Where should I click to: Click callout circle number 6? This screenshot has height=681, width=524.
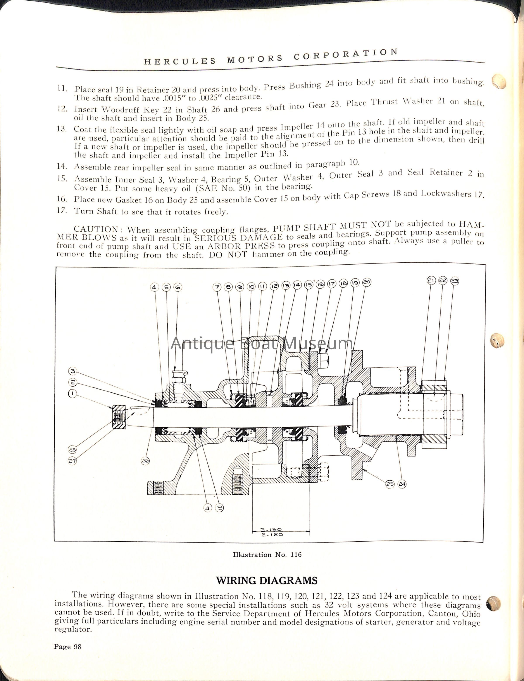click(x=178, y=287)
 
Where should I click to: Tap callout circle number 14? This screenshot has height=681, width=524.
click(x=297, y=285)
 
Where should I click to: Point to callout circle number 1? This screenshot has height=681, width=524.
click(x=72, y=394)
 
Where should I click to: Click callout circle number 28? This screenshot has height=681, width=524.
click(x=72, y=449)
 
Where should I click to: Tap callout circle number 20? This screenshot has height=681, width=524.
click(x=367, y=282)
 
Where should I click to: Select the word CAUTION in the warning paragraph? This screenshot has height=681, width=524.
click(x=96, y=229)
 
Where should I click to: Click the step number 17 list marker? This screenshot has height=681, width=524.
click(x=62, y=210)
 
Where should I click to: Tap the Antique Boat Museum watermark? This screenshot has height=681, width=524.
click(x=262, y=344)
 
